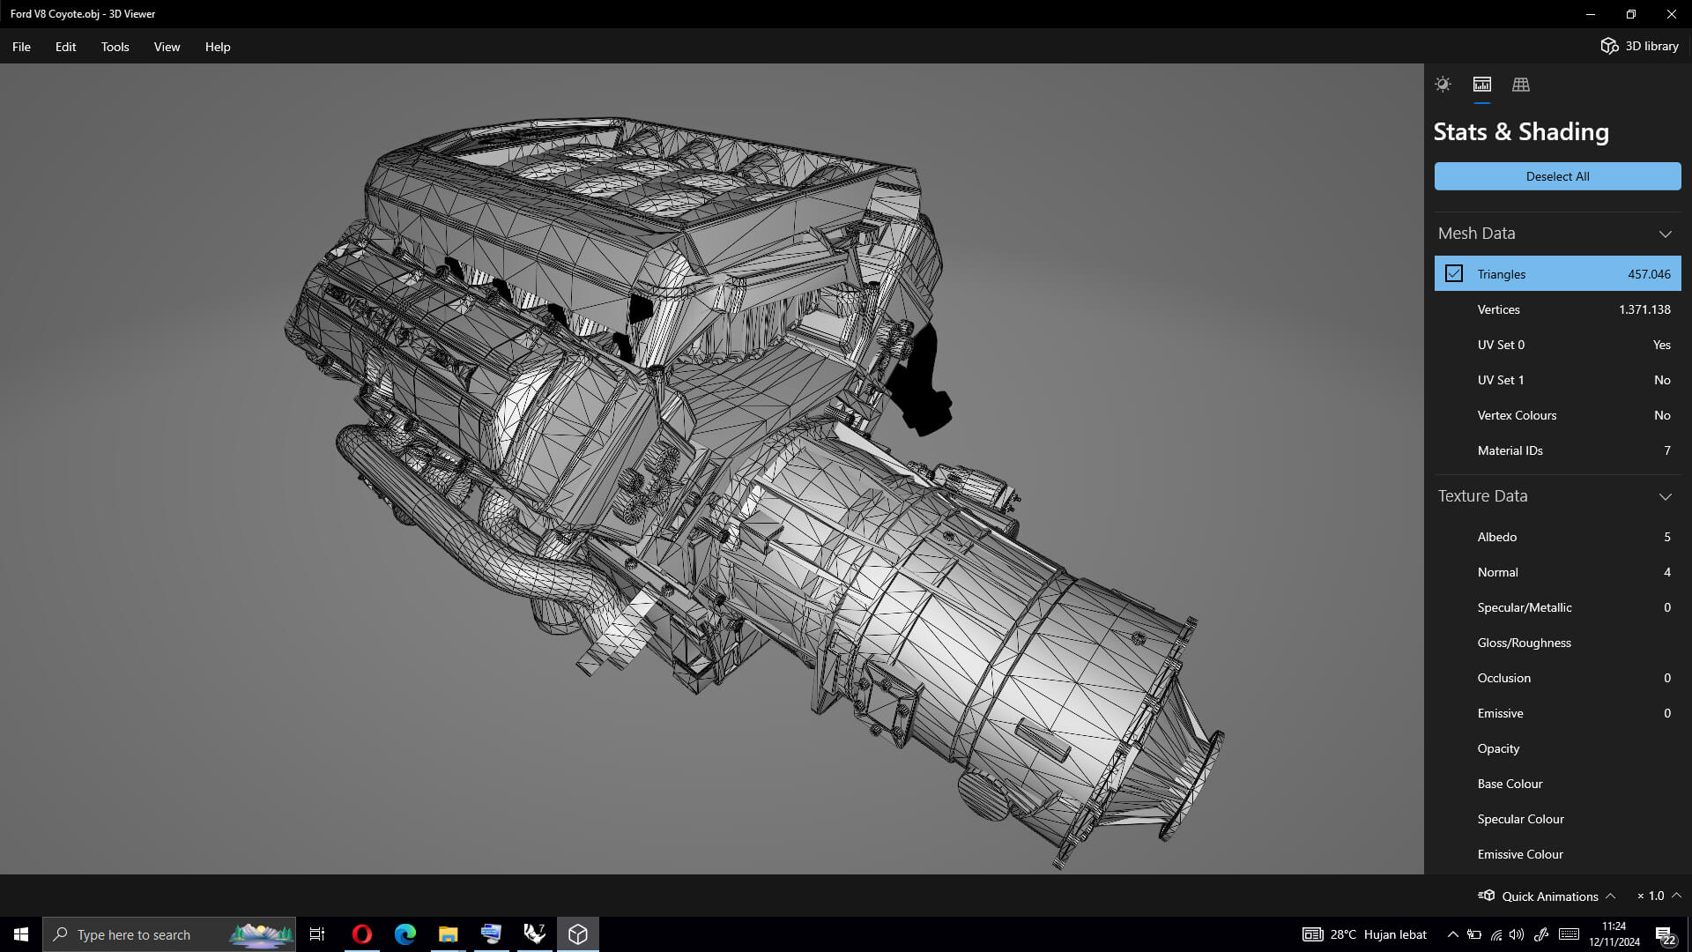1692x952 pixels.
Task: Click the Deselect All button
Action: pos(1557,176)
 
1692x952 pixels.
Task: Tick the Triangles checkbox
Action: pos(1454,274)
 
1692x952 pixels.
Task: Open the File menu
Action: pos(21,47)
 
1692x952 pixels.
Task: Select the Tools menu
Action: pos(115,47)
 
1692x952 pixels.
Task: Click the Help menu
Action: pos(218,47)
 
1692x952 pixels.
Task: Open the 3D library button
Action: pos(1639,46)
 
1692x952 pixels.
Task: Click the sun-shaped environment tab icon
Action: pos(1443,85)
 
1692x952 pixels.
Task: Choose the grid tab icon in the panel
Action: pos(1521,85)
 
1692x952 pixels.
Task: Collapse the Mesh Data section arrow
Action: pos(1665,234)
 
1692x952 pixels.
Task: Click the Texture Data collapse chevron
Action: pos(1665,496)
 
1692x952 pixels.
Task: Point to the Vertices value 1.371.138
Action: pos(1644,309)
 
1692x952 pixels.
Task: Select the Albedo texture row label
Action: pos(1497,537)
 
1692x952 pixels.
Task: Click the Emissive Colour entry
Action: pos(1520,854)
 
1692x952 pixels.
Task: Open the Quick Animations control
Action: pos(1548,896)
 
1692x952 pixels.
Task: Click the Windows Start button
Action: pos(21,934)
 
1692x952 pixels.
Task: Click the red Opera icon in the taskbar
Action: pos(361,934)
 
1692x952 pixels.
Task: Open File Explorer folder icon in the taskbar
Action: pos(448,934)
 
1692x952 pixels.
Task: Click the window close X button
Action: pos(1671,14)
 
